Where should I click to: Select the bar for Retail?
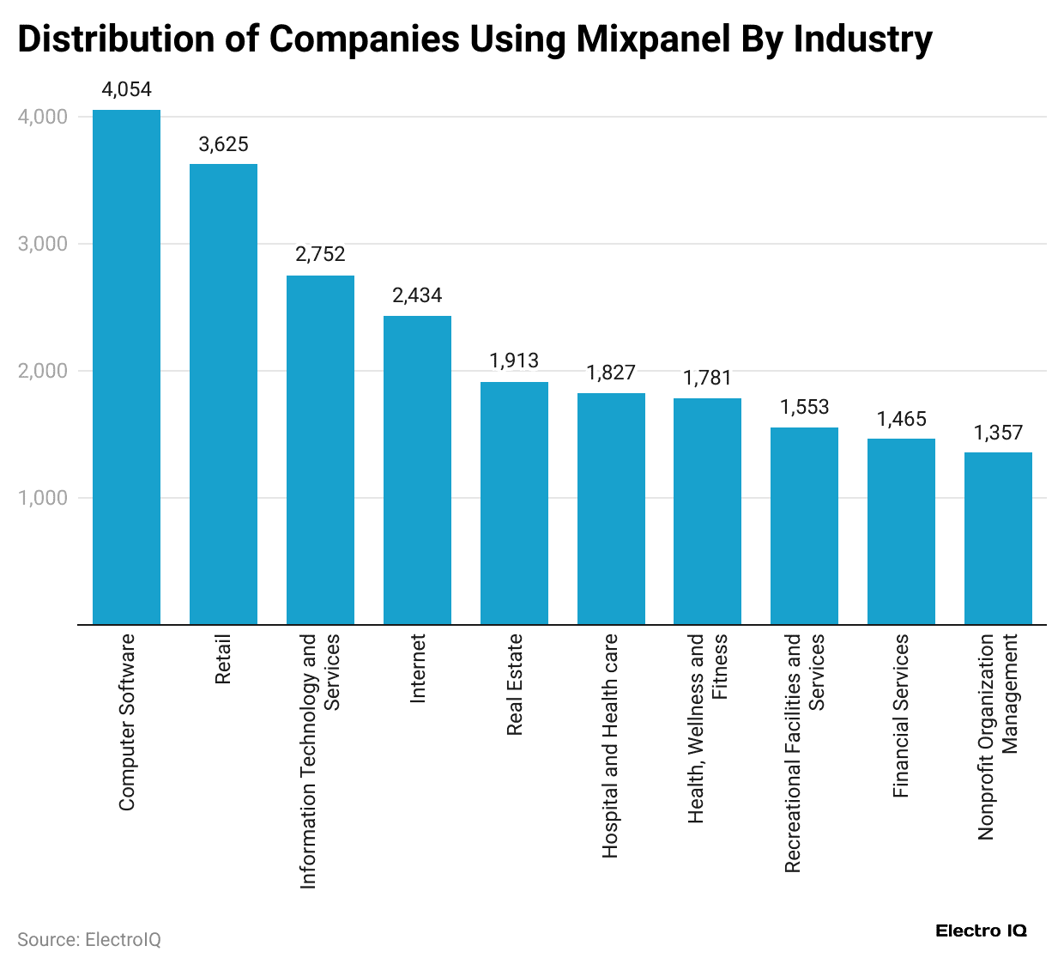tap(223, 394)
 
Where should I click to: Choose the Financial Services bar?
tap(901, 531)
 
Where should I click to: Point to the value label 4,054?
tap(126, 89)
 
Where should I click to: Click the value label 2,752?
tap(320, 254)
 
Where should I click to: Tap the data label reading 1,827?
tap(611, 373)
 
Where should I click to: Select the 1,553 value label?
tap(804, 407)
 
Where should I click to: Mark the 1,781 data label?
tap(708, 378)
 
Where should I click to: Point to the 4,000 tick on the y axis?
tap(42, 117)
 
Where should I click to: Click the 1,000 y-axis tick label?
tap(42, 498)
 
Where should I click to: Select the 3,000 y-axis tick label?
tap(42, 244)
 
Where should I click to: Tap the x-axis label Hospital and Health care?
tap(610, 745)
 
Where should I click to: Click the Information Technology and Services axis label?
tap(319, 761)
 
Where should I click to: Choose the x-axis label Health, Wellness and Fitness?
tap(708, 728)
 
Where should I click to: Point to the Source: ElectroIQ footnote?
tap(89, 939)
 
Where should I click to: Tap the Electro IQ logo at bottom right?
tap(981, 931)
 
